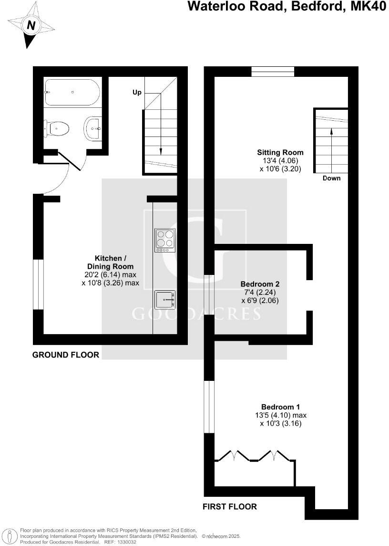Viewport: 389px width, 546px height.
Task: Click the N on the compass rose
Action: pyautogui.click(x=31, y=26)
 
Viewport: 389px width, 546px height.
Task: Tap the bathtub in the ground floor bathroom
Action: pyautogui.click(x=72, y=92)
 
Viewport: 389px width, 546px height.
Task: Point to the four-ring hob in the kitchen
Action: pyautogui.click(x=165, y=241)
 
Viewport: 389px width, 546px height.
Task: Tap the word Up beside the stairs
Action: pyautogui.click(x=137, y=92)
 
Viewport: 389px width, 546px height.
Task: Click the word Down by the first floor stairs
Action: pyautogui.click(x=332, y=178)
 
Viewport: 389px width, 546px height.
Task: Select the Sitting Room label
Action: pyautogui.click(x=280, y=152)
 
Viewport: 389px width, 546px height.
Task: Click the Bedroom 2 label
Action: pyautogui.click(x=259, y=284)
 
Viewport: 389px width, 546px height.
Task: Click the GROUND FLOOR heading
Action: pyautogui.click(x=66, y=355)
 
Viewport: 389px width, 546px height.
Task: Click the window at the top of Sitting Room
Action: pyautogui.click(x=273, y=72)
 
